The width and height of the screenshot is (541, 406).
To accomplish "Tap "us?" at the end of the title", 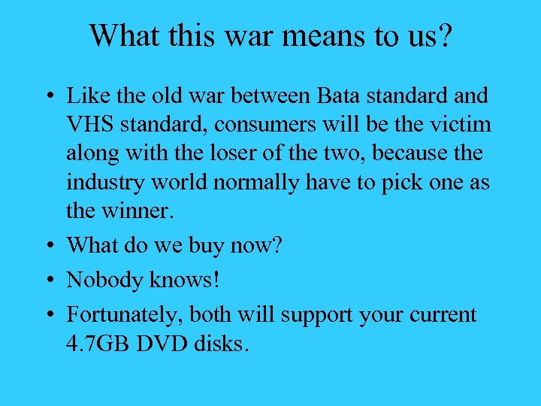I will pos(431,35).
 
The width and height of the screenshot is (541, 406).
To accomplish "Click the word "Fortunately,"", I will pos(125,314).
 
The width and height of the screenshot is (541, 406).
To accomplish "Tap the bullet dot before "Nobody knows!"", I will pos(47,281).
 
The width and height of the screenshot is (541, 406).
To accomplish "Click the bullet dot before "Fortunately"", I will pos(47,315).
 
